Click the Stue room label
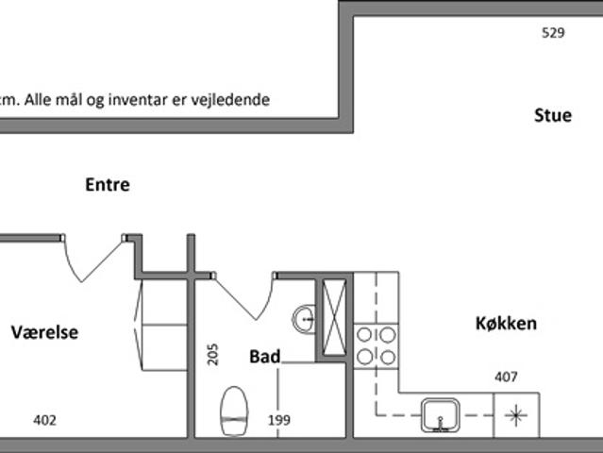point(553,115)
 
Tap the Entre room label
point(108,185)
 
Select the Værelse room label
point(44,332)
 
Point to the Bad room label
point(265,357)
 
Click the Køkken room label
point(506,324)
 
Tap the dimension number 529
point(553,33)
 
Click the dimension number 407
point(506,377)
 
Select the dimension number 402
point(44,420)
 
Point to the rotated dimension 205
point(212,354)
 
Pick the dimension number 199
point(279,420)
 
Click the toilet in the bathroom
point(234,411)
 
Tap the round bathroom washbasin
point(304,318)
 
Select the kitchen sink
point(441,415)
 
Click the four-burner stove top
point(377,346)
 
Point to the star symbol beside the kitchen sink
point(516,415)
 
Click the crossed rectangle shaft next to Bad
point(334,318)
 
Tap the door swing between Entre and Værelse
point(92,259)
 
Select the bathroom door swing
point(243,296)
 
